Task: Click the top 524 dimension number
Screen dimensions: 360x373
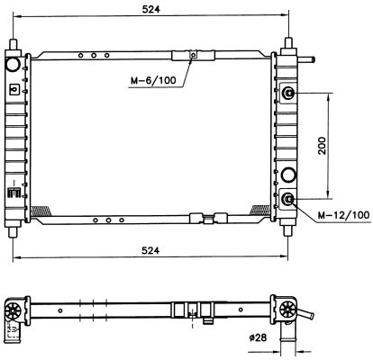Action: [x=152, y=11]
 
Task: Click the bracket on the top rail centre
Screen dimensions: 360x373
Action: [x=191, y=56]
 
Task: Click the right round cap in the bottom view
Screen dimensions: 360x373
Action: [x=288, y=310]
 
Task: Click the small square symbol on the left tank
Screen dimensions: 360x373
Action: [x=14, y=89]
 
